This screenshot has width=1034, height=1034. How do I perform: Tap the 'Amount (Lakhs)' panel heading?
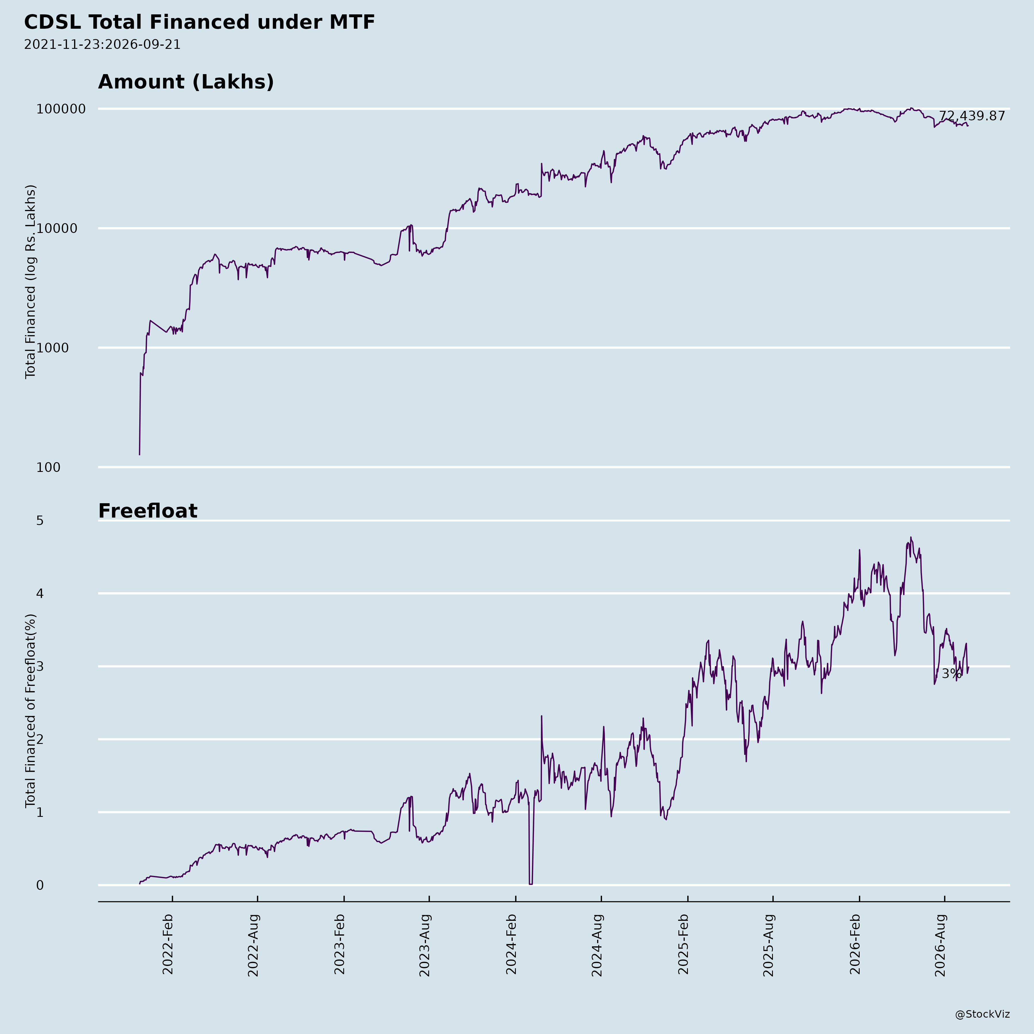click(x=186, y=82)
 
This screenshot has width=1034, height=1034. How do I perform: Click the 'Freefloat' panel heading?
click(x=148, y=511)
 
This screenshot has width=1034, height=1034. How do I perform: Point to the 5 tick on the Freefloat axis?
click(x=40, y=520)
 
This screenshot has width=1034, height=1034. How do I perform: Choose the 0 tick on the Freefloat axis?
click(x=40, y=885)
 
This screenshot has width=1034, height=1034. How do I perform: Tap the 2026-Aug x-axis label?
click(x=940, y=945)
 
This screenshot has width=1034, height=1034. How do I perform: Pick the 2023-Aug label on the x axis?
click(x=425, y=945)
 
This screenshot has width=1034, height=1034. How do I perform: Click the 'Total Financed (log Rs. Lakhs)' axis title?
click(x=30, y=281)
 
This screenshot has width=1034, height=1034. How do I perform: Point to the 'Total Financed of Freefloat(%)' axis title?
click(x=30, y=711)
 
